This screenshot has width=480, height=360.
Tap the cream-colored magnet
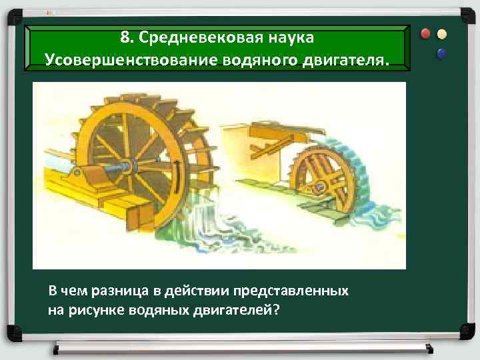pos(442,33)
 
